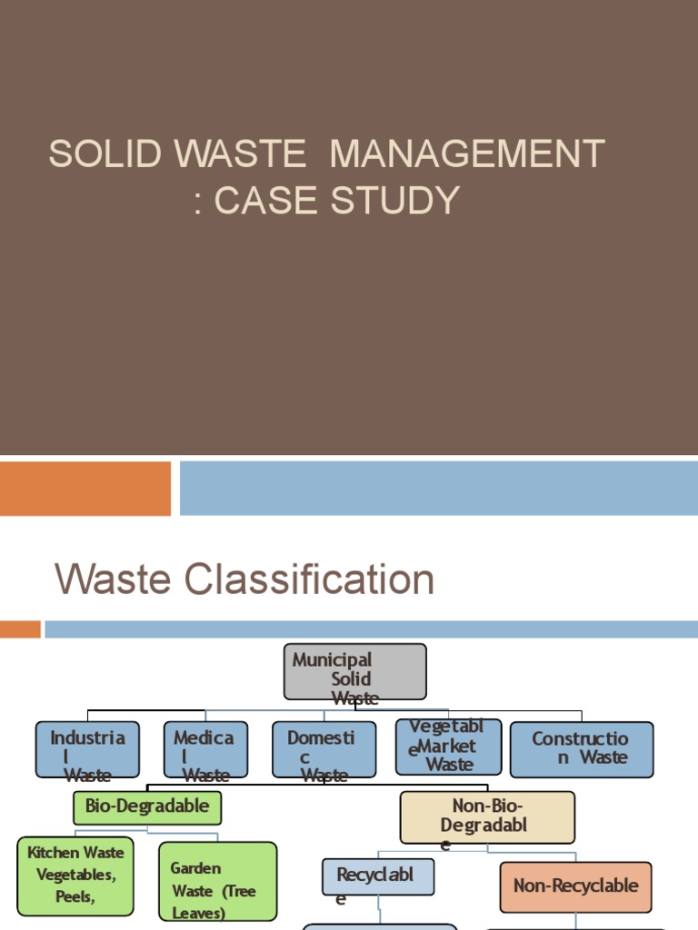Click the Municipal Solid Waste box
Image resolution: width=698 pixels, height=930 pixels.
click(x=354, y=671)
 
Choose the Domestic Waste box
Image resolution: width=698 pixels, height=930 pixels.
click(x=324, y=749)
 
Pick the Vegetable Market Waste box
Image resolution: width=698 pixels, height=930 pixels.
click(x=448, y=747)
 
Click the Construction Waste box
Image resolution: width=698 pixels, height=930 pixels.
click(x=582, y=749)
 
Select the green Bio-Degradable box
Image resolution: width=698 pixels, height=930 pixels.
click(x=146, y=806)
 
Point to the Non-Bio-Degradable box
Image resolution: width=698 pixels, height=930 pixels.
click(x=487, y=816)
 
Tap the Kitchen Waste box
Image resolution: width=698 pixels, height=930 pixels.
click(x=75, y=876)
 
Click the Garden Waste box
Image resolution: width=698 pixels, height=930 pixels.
click(x=217, y=880)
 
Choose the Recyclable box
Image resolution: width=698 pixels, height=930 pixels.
click(x=377, y=876)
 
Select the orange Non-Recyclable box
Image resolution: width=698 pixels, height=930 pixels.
click(x=575, y=886)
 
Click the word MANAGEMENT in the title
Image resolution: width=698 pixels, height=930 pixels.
click(x=467, y=154)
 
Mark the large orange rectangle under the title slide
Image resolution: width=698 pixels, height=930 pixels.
click(x=85, y=489)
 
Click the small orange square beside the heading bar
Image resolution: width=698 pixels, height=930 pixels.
click(x=20, y=628)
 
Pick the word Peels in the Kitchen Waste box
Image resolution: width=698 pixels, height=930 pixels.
click(x=74, y=896)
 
